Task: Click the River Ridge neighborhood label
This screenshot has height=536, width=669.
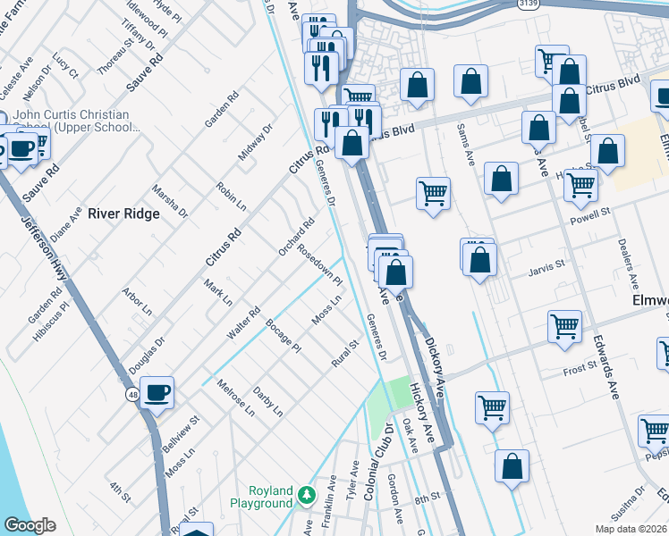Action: point(123,214)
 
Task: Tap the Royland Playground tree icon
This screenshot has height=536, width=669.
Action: point(307,494)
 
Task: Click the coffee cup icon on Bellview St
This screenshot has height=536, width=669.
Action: point(157,391)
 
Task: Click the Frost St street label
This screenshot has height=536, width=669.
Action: point(579,368)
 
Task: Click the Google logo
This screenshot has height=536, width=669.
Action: point(30,526)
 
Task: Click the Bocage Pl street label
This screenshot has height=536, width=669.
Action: point(284,335)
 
